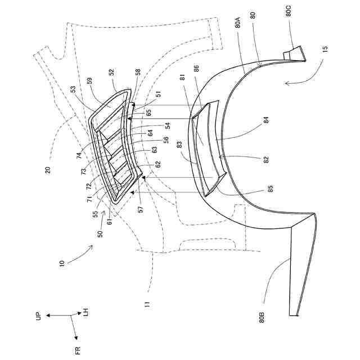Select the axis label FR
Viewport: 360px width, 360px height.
78,351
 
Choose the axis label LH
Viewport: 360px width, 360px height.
86,311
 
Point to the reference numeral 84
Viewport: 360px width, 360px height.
267,120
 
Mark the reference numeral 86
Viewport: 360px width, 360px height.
196,70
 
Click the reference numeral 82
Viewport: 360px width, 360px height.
266,159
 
